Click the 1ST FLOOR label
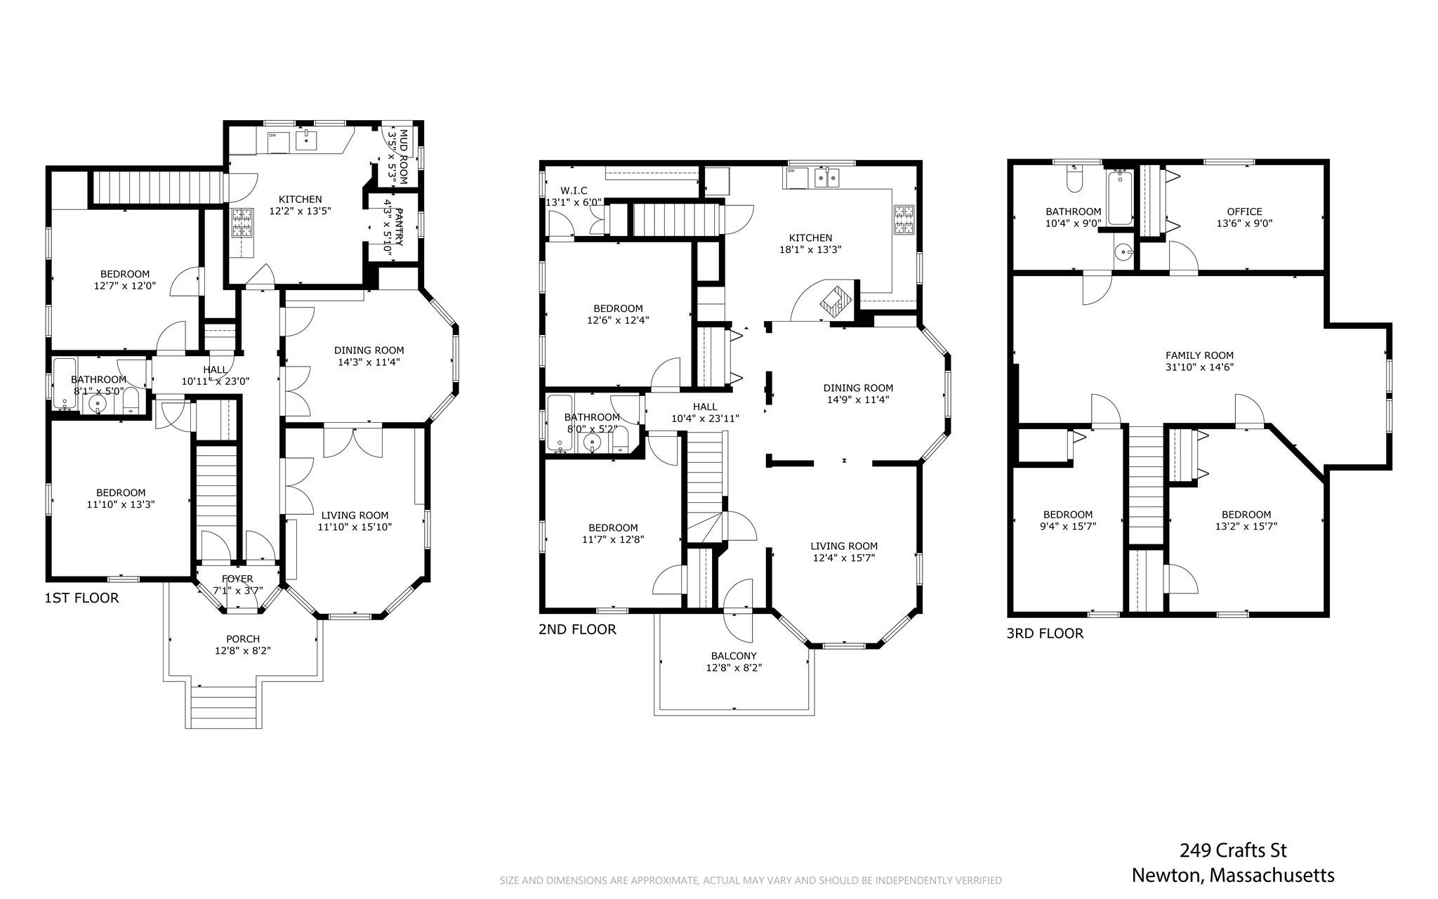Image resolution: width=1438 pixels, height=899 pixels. point(81,598)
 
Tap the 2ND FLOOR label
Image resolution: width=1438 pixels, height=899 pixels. point(577,630)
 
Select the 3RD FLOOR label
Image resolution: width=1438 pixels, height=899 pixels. point(1045,634)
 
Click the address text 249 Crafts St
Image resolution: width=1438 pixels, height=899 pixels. point(1233,851)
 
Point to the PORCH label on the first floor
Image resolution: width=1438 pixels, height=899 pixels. point(243,639)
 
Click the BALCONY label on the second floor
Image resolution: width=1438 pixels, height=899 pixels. point(734,656)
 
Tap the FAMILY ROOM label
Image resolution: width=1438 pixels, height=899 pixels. point(1199,355)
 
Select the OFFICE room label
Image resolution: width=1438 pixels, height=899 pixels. point(1244,211)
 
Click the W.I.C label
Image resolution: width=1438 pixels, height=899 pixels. point(574,191)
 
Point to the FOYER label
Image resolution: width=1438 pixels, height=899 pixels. point(237,579)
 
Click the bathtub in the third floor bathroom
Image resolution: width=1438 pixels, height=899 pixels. point(1120,197)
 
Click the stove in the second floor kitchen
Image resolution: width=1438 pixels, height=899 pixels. point(904,219)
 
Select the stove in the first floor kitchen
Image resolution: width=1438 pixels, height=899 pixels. point(242,223)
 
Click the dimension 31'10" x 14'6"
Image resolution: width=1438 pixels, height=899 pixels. point(1199,367)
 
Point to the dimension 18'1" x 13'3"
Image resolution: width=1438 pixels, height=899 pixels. point(810,249)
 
